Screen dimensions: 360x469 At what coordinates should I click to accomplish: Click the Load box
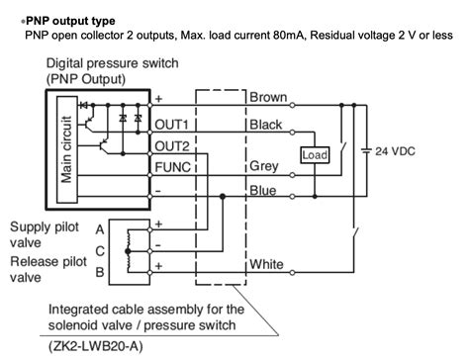(x=315, y=155)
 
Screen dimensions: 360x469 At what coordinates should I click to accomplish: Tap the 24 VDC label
(x=409, y=151)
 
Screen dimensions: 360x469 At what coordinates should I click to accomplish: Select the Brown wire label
(x=268, y=98)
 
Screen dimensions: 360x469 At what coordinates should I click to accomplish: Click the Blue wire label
(x=262, y=190)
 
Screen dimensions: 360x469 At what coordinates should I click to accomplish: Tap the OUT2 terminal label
(x=173, y=145)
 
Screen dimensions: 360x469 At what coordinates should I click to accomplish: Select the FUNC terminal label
(x=173, y=167)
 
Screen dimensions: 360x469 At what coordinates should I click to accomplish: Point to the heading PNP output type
(x=70, y=20)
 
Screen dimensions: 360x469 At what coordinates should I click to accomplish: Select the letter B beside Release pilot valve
(x=101, y=270)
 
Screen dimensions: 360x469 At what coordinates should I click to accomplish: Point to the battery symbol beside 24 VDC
(x=368, y=151)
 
